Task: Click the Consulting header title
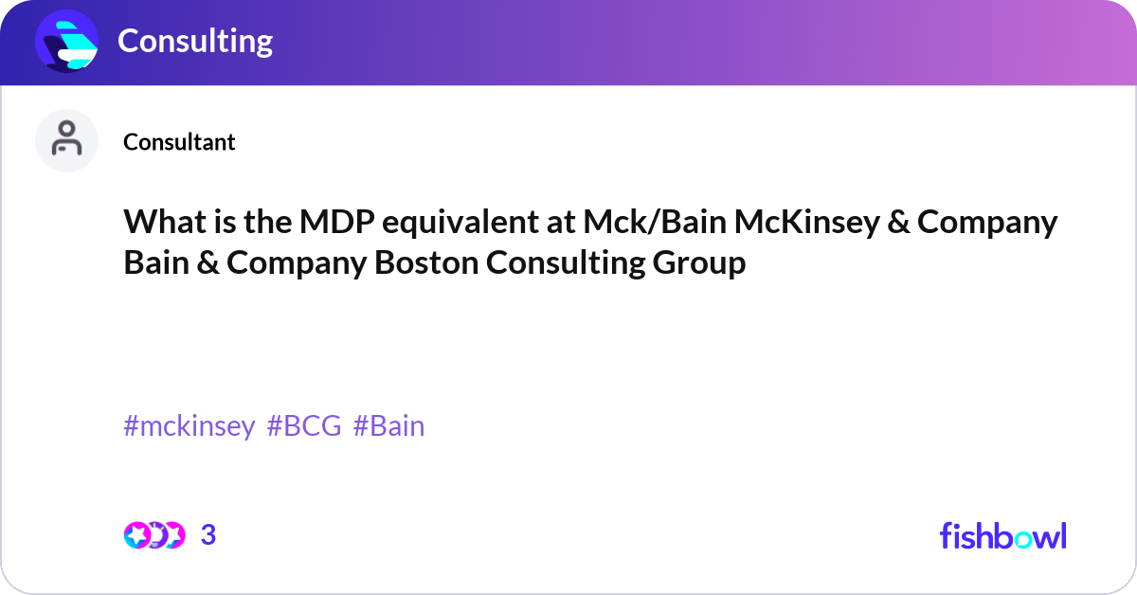pos(195,41)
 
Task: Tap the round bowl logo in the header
pos(66,41)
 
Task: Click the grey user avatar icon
pos(66,140)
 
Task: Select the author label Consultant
pos(179,142)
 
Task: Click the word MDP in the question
pos(337,222)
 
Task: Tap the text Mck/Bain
pos(655,222)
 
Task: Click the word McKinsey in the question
pos(806,222)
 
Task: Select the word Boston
pos(425,263)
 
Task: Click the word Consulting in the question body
pos(565,263)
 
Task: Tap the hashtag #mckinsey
pos(189,426)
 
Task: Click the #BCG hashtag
pos(304,426)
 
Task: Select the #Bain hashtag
pos(388,426)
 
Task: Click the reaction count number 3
pos(208,535)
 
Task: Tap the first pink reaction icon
pos(136,535)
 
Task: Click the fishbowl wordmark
pos(1003,535)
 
